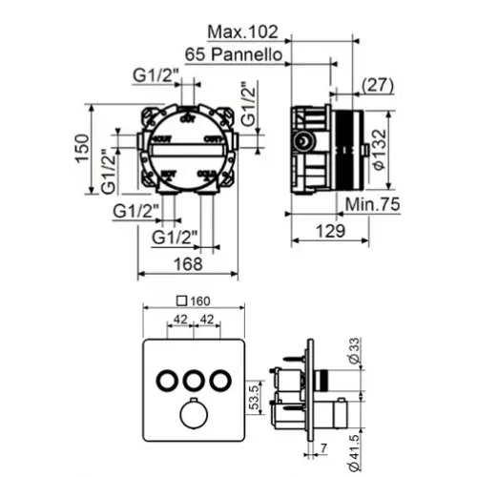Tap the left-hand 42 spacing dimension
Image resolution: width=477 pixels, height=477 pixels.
coord(178,321)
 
